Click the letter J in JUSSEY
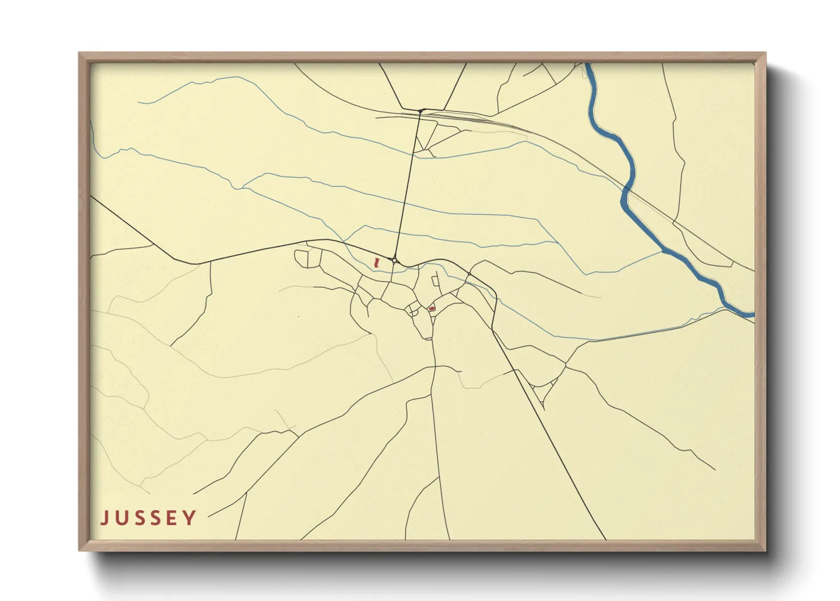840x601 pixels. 105,517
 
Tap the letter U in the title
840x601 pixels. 121,517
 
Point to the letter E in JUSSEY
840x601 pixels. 172,517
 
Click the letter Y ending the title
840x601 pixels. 190,517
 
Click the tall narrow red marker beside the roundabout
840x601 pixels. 376,262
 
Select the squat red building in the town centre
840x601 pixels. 432,308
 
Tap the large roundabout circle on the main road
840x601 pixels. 394,260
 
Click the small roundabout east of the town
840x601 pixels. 469,276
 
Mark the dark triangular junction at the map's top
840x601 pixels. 421,110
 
